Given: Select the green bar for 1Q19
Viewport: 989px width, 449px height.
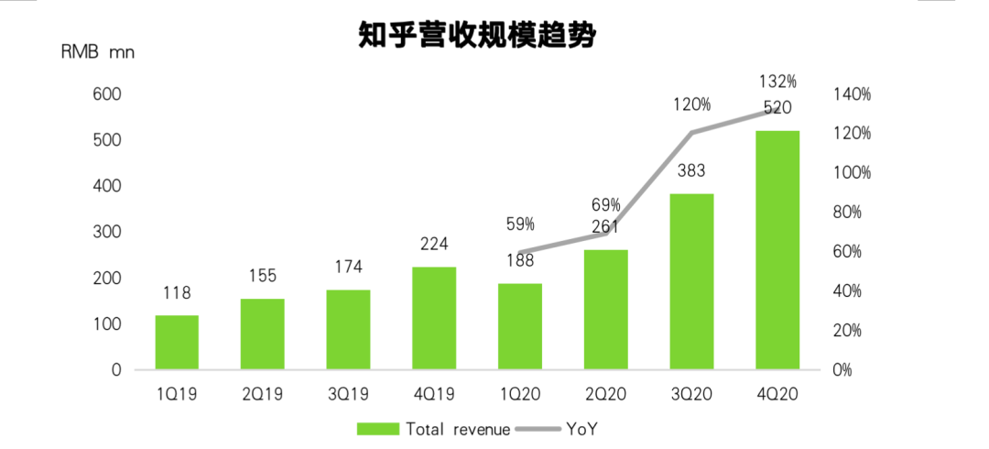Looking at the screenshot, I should (177, 343).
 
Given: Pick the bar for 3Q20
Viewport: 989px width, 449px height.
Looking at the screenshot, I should (691, 282).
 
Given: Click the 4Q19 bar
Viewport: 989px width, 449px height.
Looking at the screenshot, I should (434, 318).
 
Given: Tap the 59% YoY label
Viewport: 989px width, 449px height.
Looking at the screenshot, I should (520, 224).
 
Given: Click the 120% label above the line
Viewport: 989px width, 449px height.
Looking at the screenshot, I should (691, 104).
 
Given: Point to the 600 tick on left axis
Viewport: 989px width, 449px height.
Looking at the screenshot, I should (106, 94).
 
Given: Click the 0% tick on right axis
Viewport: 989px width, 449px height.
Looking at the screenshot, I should (843, 370).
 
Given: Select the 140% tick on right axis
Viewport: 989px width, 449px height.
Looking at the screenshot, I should (851, 94).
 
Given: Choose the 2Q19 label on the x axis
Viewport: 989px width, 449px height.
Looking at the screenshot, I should (262, 395).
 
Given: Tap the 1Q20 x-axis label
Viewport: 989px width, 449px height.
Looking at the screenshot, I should (520, 395).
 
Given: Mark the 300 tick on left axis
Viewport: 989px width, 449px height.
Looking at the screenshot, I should (106, 232).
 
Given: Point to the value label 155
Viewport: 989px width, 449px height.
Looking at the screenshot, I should (262, 276).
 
